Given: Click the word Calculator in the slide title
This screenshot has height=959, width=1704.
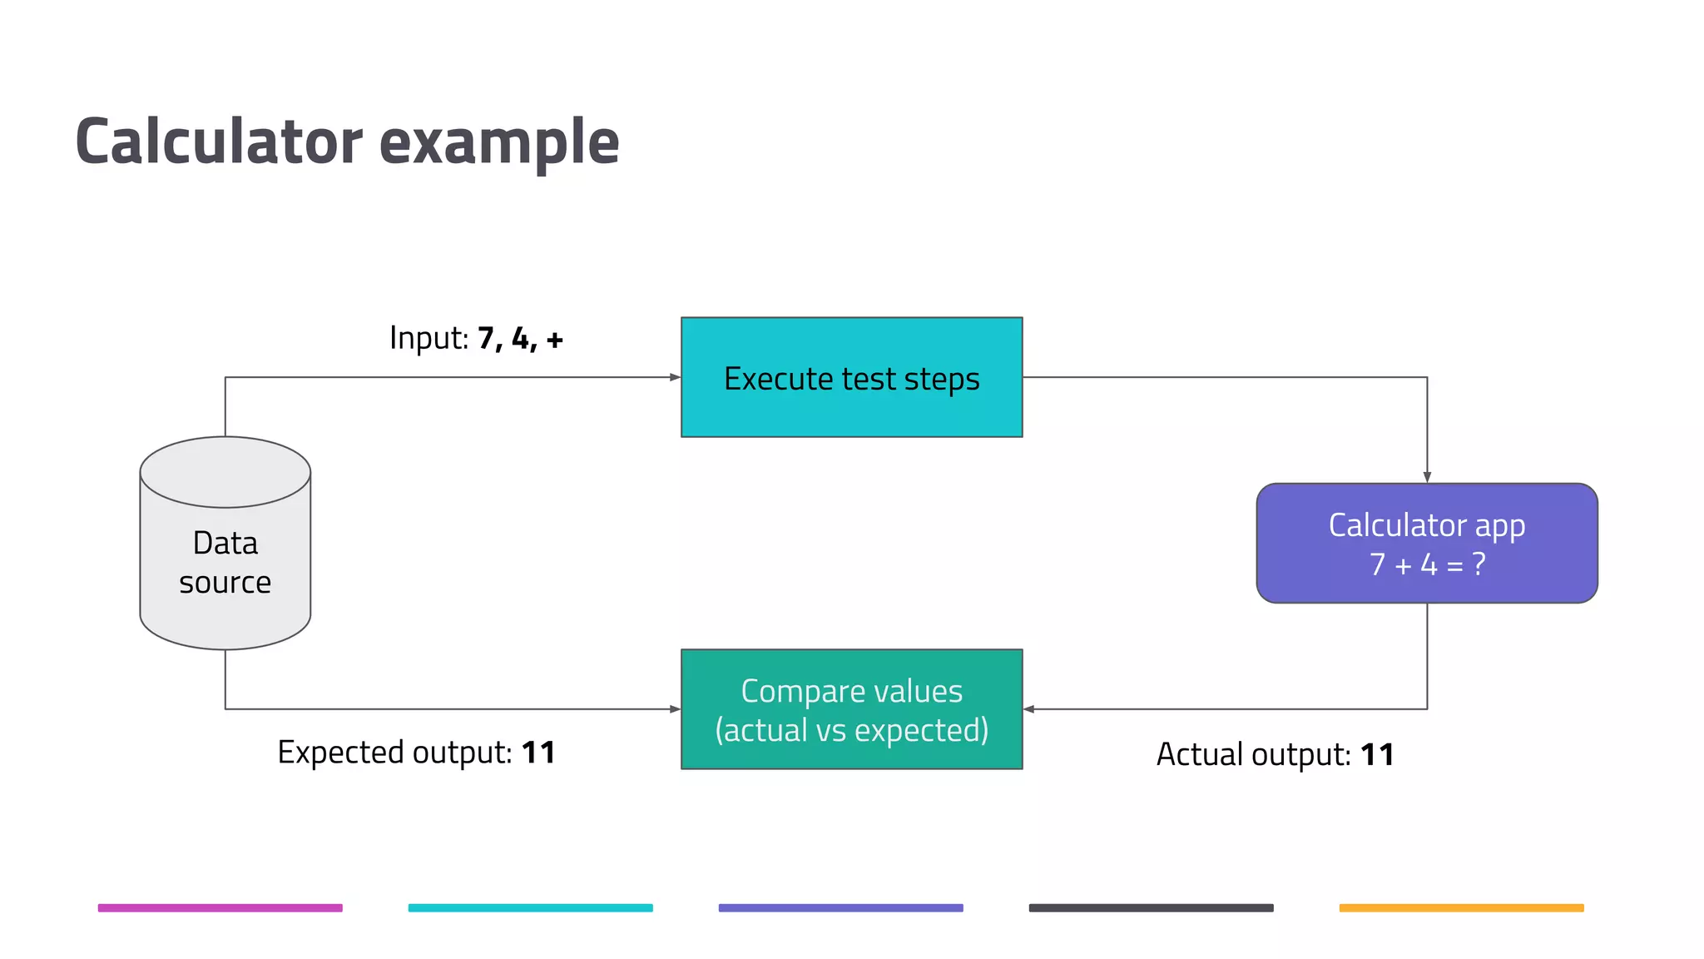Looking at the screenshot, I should pos(219,142).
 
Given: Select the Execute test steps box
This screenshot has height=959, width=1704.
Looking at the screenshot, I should pos(851,377).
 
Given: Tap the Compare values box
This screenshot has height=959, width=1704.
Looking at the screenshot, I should pos(851,709).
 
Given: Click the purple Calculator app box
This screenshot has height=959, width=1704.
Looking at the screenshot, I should pos(1426,543).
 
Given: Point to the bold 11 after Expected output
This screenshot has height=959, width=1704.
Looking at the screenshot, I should pos(538,753).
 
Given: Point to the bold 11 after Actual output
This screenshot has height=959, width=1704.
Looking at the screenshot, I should pos(1377,755).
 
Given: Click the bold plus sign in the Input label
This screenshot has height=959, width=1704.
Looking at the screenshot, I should pos(555,340).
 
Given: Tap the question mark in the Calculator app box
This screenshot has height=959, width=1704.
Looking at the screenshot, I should pos(1479,564).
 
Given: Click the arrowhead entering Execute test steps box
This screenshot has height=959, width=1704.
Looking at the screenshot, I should pos(675,377).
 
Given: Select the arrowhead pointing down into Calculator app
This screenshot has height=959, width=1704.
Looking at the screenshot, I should pos(1427,477).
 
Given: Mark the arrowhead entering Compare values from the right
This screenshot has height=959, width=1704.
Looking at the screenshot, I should pos(1029,709).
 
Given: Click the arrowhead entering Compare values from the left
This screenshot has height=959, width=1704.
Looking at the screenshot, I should pos(675,709).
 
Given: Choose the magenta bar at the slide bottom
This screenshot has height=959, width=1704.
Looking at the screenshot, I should pos(220,907).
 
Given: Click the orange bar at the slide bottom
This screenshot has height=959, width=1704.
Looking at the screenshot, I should pos(1461,907).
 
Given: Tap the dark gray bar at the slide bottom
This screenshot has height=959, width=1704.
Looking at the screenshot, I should pos(1151,907).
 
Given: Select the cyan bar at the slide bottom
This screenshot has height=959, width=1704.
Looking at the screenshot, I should pos(530,907).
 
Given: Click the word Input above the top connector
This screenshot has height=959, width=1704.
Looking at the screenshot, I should pos(428,338).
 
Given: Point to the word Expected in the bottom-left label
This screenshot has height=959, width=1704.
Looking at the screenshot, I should pos(341,753).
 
